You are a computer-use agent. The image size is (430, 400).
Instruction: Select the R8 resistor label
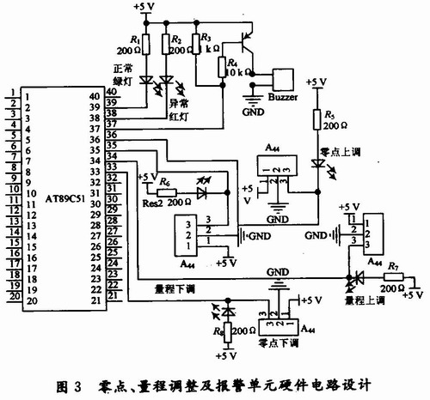[x=220, y=328]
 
